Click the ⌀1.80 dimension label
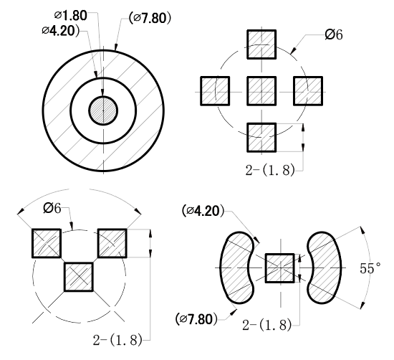[71, 16]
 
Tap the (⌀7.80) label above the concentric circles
[150, 18]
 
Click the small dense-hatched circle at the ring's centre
[103, 110]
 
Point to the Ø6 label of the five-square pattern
[333, 34]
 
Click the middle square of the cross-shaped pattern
[261, 91]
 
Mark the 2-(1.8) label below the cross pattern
[270, 170]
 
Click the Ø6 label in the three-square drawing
[52, 208]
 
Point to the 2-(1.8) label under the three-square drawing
[117, 340]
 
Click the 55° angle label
[370, 268]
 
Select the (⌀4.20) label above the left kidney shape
[203, 211]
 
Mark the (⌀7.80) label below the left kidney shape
[196, 320]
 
